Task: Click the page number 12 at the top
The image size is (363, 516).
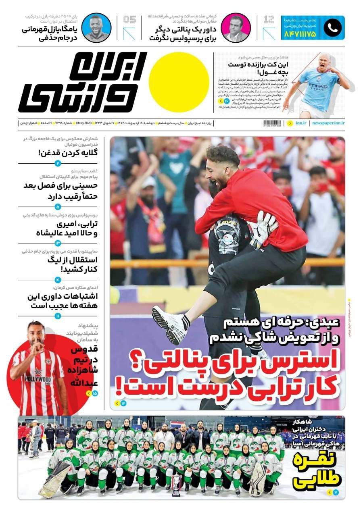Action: (269, 19)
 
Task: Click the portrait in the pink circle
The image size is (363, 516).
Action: (236, 27)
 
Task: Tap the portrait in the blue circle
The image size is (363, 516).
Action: (96, 27)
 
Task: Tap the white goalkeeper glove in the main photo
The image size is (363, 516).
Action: (262, 228)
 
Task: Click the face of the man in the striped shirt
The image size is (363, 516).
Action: (36, 333)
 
